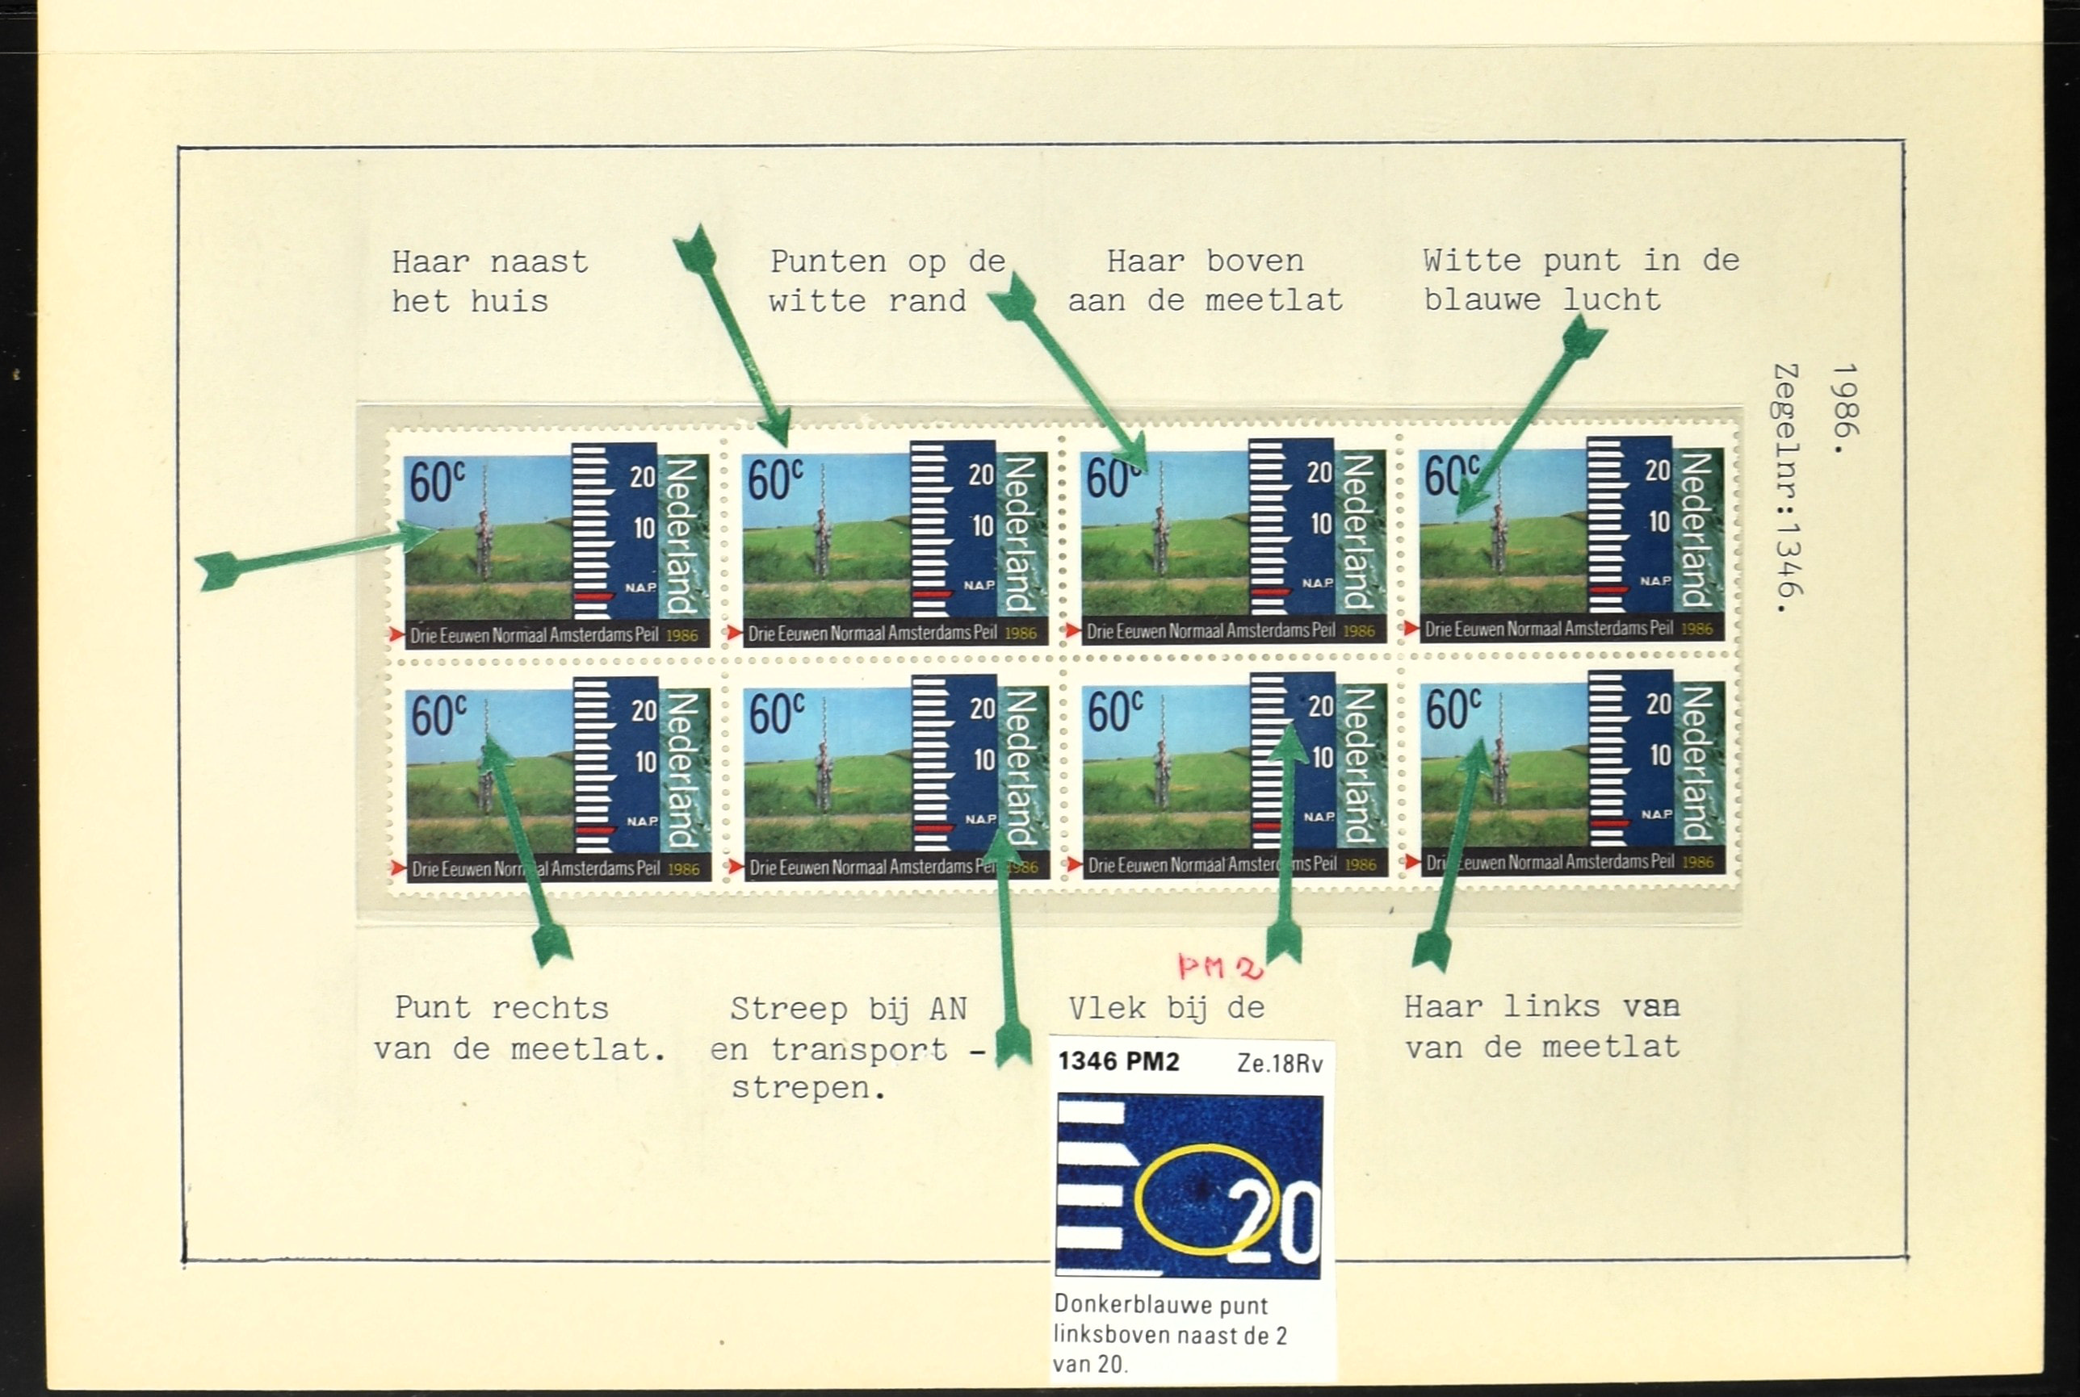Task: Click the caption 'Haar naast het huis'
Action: tap(490, 282)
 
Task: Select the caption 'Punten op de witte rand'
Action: tap(887, 282)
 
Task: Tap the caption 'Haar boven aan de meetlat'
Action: tap(1205, 281)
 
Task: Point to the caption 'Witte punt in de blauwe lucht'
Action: tap(1581, 280)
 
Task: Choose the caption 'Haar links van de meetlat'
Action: tap(1541, 1027)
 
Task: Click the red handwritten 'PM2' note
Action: tap(1219, 967)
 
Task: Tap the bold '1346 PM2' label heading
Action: tap(1118, 1062)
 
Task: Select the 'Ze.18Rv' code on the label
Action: tap(1280, 1064)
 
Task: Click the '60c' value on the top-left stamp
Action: tap(437, 481)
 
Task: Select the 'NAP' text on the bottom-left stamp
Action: tap(642, 821)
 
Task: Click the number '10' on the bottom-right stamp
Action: tap(1659, 755)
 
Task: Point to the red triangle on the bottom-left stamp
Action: tap(397, 868)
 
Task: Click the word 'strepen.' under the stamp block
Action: tap(809, 1089)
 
